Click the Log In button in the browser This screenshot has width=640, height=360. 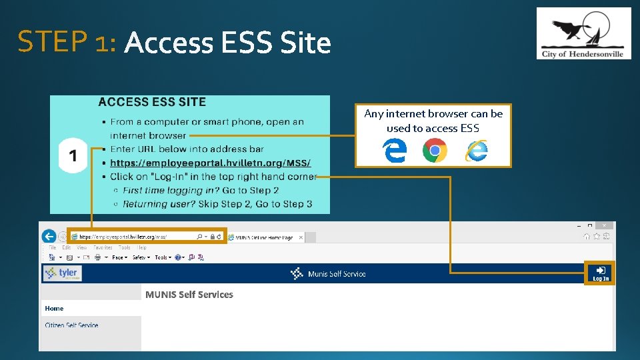tap(601, 273)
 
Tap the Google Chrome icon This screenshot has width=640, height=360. tap(435, 151)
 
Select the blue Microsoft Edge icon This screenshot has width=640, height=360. tap(395, 151)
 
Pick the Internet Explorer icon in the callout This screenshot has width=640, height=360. tap(476, 151)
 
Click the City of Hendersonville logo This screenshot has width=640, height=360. tap(583, 33)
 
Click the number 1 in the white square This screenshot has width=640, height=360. tap(73, 156)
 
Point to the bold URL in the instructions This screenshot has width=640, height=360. tap(210, 163)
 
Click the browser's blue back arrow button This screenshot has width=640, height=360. tap(49, 236)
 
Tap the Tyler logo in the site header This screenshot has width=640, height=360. tap(62, 273)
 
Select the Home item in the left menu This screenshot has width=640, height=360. tap(55, 308)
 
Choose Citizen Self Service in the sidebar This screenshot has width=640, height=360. tap(71, 325)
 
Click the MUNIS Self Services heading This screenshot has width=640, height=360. tap(189, 295)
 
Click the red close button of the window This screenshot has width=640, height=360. tap(603, 225)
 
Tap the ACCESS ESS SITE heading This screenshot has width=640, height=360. tap(152, 102)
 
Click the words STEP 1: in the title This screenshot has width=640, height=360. tap(67, 43)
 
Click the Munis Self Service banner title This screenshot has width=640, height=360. tap(336, 273)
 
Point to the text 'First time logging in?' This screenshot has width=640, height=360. tap(172, 191)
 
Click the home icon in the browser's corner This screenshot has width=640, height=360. tap(587, 236)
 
